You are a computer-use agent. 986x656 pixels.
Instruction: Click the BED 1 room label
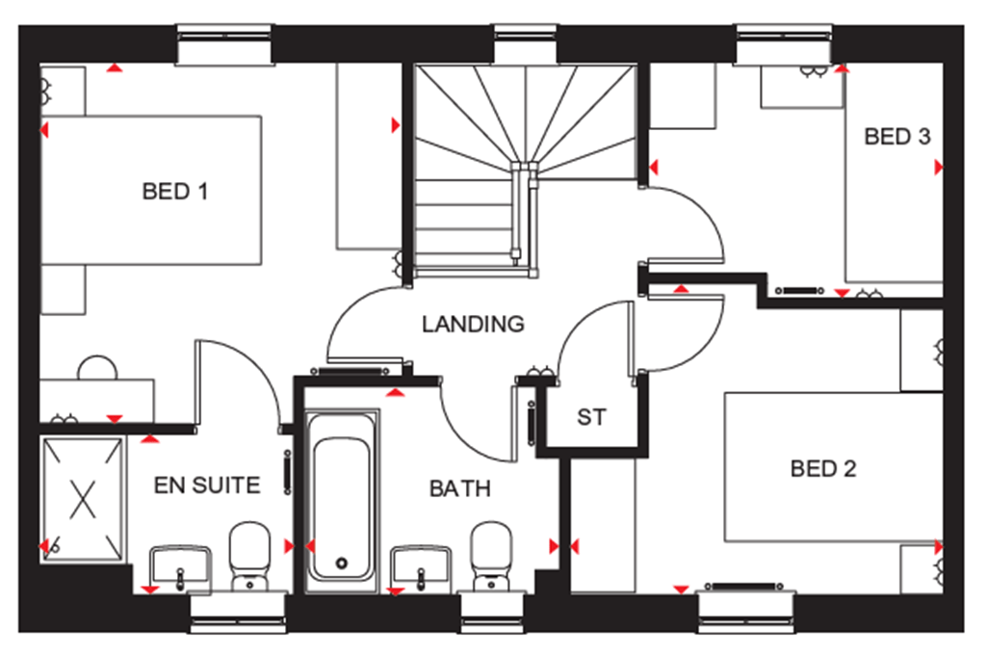pyautogui.click(x=174, y=192)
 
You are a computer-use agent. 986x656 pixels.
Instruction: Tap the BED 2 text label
pyautogui.click(x=822, y=469)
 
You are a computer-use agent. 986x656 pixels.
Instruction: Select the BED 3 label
pyautogui.click(x=896, y=137)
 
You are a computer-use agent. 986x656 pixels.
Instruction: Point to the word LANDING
pyautogui.click(x=473, y=325)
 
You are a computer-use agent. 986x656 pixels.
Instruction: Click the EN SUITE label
pyautogui.click(x=207, y=485)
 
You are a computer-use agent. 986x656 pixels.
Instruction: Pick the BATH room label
pyautogui.click(x=459, y=488)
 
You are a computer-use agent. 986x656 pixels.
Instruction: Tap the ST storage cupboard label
pyautogui.click(x=591, y=418)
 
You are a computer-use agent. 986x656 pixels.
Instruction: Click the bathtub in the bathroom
pyautogui.click(x=342, y=496)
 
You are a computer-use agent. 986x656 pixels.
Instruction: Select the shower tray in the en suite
pyautogui.click(x=83, y=498)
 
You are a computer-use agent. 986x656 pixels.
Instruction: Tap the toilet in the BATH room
pyautogui.click(x=491, y=554)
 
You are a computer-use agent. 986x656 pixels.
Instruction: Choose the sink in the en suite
pyautogui.click(x=180, y=564)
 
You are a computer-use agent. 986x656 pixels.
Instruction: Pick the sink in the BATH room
pyautogui.click(x=421, y=564)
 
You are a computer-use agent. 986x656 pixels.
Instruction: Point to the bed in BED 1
pyautogui.click(x=152, y=191)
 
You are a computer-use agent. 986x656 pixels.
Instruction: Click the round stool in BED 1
pyautogui.click(x=96, y=367)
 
